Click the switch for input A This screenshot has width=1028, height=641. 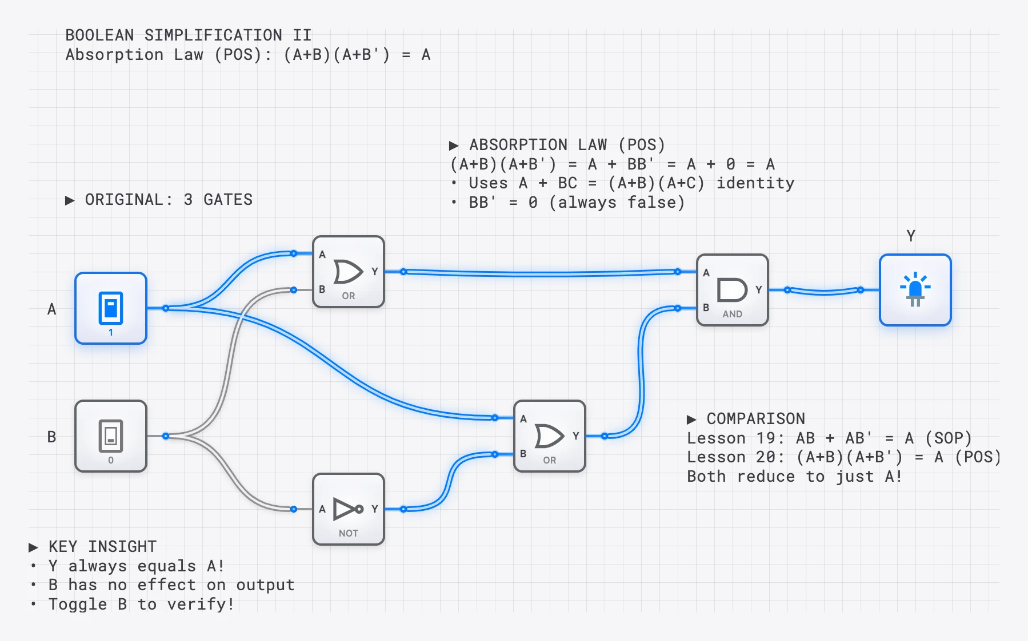(x=111, y=308)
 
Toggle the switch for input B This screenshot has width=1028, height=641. (x=111, y=436)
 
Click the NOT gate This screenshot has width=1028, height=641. (x=349, y=509)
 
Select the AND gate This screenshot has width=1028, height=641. (x=733, y=290)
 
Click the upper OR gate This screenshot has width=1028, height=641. (x=349, y=272)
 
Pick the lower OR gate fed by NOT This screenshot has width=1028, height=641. (x=550, y=436)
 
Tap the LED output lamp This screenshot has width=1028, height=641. (x=915, y=290)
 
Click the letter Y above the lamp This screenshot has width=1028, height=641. (x=911, y=236)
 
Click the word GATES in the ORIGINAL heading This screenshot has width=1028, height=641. (x=228, y=200)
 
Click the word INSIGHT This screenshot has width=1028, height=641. (x=122, y=547)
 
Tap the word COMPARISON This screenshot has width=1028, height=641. (x=755, y=419)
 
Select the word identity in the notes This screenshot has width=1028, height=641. (x=755, y=183)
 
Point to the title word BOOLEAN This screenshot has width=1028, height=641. (x=99, y=35)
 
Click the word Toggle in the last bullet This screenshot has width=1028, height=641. (x=78, y=604)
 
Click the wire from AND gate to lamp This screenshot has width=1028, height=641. (x=824, y=292)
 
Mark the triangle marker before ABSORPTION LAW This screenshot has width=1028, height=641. (x=454, y=146)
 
